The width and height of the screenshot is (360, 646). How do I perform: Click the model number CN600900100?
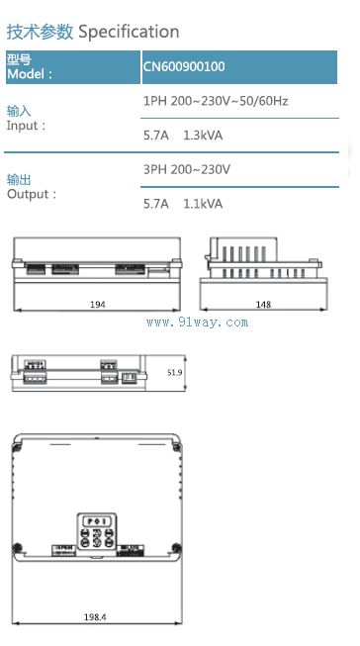(x=184, y=66)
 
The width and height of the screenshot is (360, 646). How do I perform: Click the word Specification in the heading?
(x=129, y=32)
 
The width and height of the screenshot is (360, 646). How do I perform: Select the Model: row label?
(x=30, y=74)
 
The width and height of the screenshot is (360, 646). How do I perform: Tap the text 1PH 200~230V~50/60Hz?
(x=216, y=101)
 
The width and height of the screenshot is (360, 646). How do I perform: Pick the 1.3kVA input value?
(x=203, y=136)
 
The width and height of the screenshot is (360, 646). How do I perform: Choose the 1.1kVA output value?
(x=203, y=204)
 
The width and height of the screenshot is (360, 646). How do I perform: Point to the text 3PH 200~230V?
(x=187, y=169)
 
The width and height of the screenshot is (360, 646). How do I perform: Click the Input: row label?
(x=26, y=126)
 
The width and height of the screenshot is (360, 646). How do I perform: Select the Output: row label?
(x=32, y=194)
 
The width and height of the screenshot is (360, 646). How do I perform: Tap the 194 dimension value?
(x=98, y=305)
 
